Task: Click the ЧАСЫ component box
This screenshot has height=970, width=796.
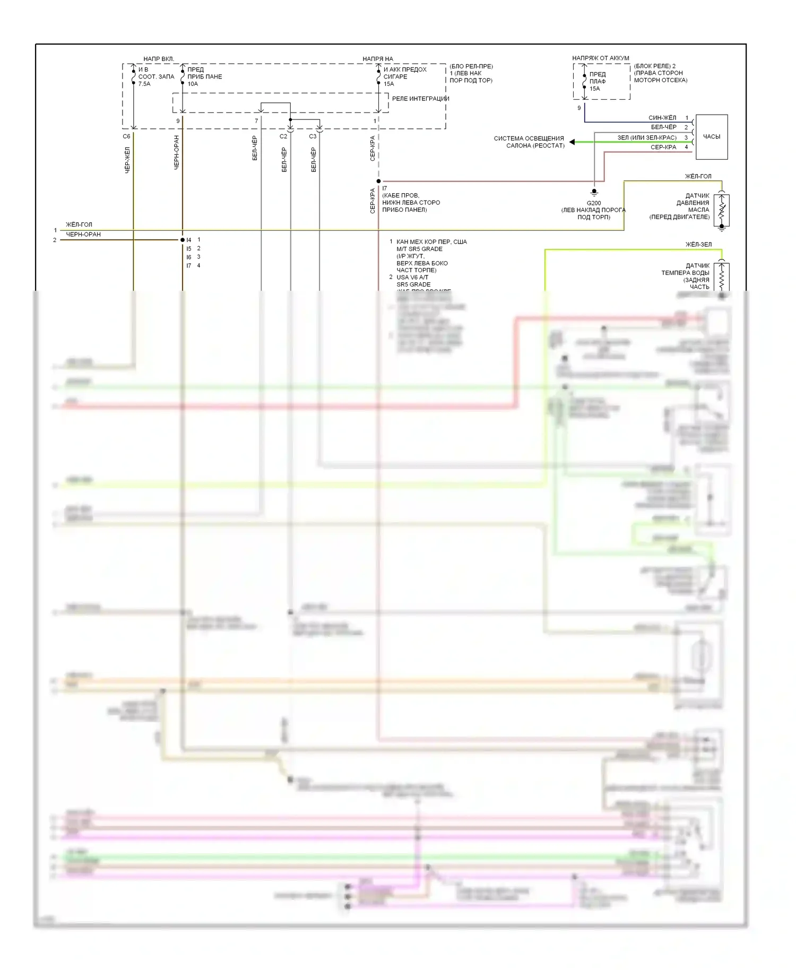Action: coord(711,137)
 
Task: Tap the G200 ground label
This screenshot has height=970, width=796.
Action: coord(593,203)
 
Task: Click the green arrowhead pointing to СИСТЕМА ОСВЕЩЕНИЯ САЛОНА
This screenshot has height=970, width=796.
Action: coord(572,142)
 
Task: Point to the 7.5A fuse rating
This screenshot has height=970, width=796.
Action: coord(144,84)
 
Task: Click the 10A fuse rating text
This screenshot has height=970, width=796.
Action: coord(193,84)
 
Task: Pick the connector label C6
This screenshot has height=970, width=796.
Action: coord(126,136)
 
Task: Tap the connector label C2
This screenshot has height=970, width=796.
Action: coord(283,136)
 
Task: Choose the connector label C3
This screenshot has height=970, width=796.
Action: coord(313,136)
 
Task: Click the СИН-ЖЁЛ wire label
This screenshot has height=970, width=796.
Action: coord(662,118)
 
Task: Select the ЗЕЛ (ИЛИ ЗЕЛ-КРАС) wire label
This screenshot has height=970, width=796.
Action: coord(646,137)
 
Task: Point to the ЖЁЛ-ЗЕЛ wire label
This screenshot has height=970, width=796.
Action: coord(698,245)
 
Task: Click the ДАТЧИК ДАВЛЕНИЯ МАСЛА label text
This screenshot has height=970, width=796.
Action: coord(693,206)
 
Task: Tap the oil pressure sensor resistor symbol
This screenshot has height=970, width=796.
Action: coord(721,210)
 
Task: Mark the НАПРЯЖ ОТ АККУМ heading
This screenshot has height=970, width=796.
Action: coord(600,58)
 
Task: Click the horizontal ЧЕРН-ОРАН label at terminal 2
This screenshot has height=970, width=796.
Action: coord(83,235)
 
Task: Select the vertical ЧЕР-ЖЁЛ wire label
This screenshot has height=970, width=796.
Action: coord(127,160)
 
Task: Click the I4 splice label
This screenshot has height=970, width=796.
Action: coord(188,240)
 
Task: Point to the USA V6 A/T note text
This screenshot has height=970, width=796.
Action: coord(412,278)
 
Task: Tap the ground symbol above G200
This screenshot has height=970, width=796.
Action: coord(594,192)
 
